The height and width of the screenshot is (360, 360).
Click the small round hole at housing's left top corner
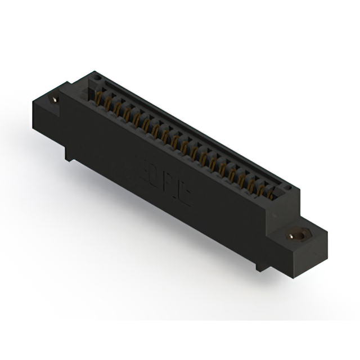pyautogui.click(x=96, y=77)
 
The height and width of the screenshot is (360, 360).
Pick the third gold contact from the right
pyautogui.click(x=252, y=182)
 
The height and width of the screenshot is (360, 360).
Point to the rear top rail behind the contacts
pyautogui.click(x=191, y=127)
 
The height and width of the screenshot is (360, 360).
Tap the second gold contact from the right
pyautogui.click(x=262, y=187)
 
